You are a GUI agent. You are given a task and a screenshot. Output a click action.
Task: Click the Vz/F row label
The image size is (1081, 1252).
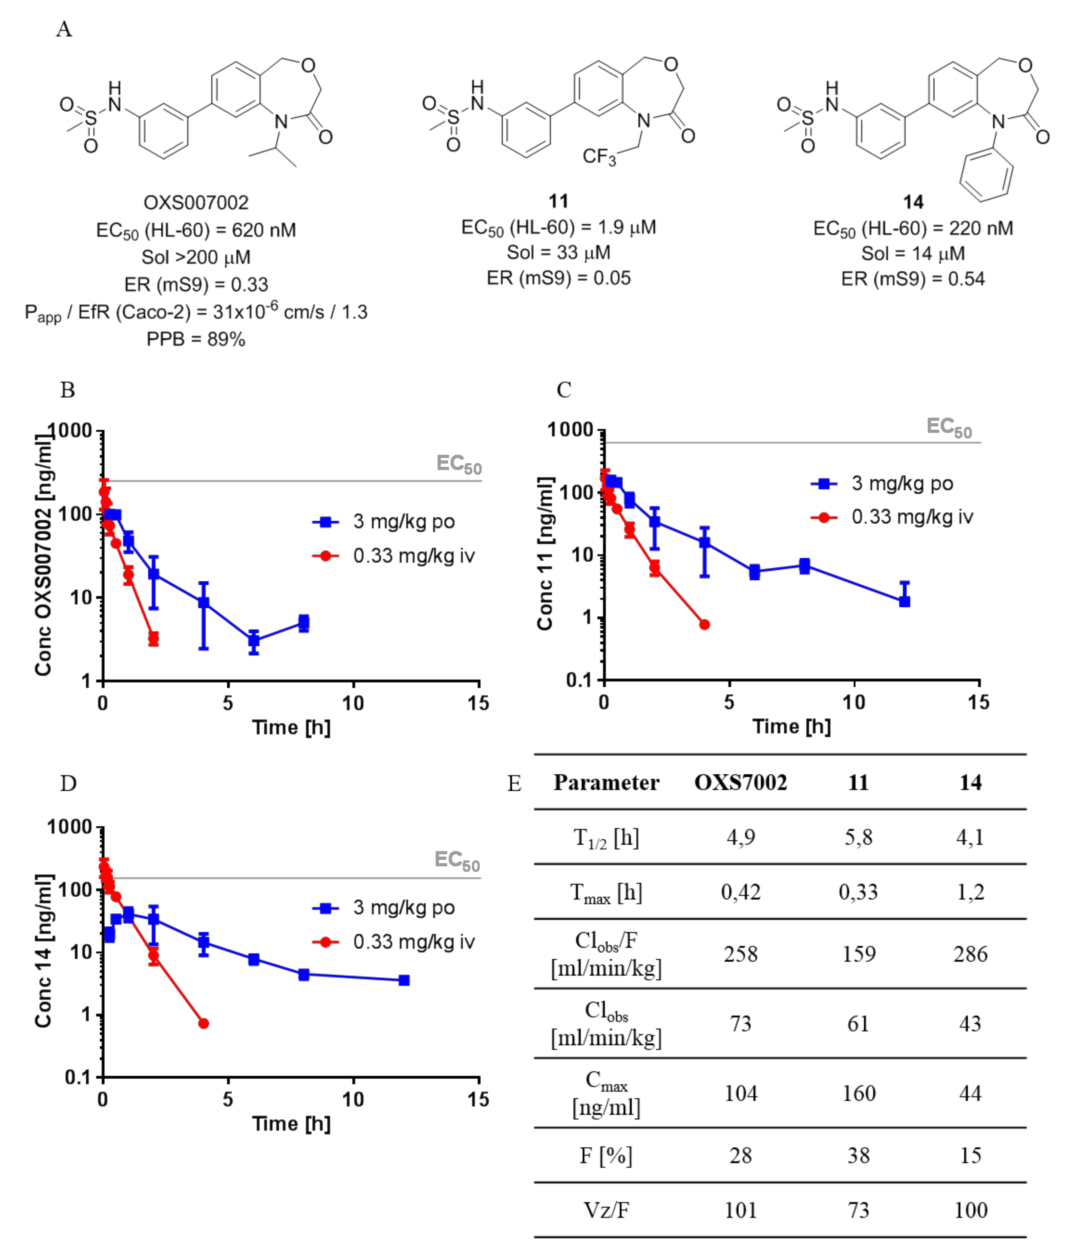pyautogui.click(x=606, y=1210)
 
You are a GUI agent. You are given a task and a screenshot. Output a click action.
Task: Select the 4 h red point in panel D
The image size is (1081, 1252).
pyautogui.click(x=204, y=1024)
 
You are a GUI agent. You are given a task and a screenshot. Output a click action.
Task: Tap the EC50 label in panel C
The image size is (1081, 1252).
pyautogui.click(x=949, y=427)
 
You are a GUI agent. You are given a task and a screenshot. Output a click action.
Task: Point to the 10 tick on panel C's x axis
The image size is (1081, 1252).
pyautogui.click(x=854, y=702)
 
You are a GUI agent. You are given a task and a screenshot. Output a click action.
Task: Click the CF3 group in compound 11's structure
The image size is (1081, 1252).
pyautogui.click(x=599, y=156)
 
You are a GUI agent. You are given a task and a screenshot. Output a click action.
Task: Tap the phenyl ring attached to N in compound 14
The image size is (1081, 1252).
pyautogui.click(x=986, y=175)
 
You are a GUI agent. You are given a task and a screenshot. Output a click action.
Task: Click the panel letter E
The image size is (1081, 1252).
pyautogui.click(x=514, y=783)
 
